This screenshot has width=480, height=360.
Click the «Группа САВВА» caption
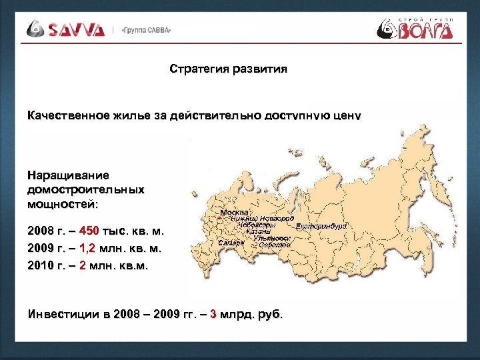click(x=146, y=31)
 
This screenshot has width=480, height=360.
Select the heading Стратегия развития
click(x=229, y=69)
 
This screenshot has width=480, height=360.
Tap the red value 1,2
click(x=87, y=249)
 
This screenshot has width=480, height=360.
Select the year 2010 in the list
click(x=41, y=266)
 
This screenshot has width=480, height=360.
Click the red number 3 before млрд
click(x=213, y=313)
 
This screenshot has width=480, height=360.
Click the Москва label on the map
click(x=234, y=212)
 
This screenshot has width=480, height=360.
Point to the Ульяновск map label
click(x=271, y=238)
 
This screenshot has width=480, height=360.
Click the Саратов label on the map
click(x=274, y=245)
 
